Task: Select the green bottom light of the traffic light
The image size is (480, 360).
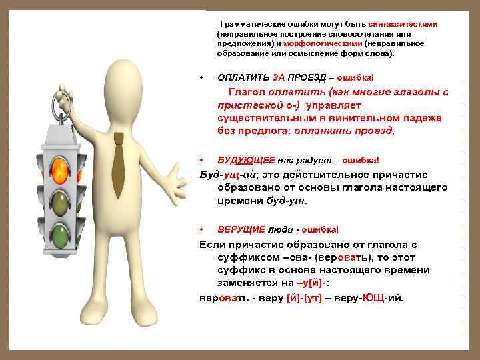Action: point(61,234)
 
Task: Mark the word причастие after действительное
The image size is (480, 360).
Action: point(396,175)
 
